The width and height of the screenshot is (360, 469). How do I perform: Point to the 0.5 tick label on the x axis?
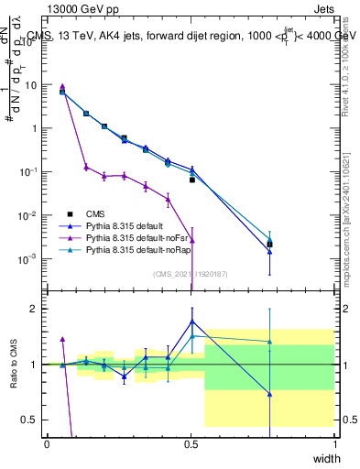pos(191,442)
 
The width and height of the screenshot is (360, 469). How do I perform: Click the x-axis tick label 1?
pos(335,442)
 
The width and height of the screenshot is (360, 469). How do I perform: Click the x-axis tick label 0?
pos(47,442)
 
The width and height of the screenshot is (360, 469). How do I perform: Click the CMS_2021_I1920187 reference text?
pos(191,272)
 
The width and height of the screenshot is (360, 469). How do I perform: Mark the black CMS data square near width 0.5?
pos(191,180)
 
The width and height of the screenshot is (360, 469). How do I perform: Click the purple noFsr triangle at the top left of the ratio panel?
pos(62,339)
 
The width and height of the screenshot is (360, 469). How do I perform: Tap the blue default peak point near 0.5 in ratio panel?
pos(191,321)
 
